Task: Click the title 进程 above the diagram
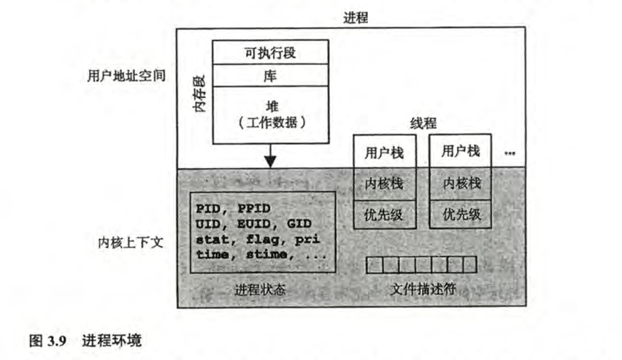pos(356,18)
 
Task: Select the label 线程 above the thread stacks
pos(423,124)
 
